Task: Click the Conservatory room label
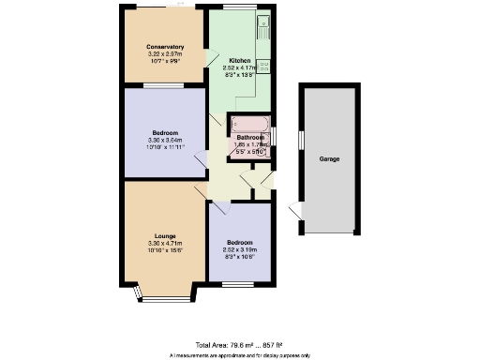tap(164, 47)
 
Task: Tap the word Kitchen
tap(240, 60)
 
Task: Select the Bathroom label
tap(248, 137)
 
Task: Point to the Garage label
tap(329, 159)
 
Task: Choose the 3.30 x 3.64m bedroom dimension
tap(164, 141)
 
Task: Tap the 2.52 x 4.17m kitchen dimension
tap(240, 68)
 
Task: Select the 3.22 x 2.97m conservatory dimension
tap(164, 55)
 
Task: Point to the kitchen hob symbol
tap(266, 67)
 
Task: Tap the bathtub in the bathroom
tap(249, 124)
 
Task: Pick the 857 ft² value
tap(272, 346)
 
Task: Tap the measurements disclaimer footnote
tap(240, 355)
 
